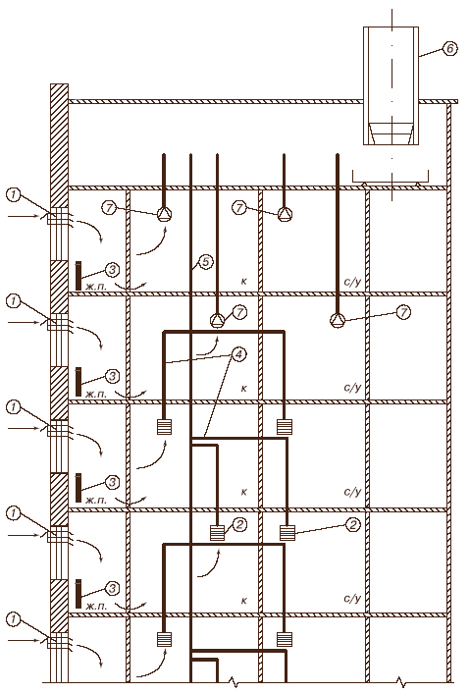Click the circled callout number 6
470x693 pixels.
click(449, 48)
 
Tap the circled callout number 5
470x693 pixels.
click(205, 262)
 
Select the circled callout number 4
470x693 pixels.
click(239, 354)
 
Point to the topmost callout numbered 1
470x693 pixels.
click(14, 195)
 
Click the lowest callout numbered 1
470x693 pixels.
click(14, 619)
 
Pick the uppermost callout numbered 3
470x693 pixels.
click(112, 269)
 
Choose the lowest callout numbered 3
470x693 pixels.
click(112, 588)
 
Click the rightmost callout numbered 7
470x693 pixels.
click(403, 312)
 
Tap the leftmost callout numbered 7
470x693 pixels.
click(109, 207)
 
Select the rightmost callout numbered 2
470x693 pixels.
click(353, 524)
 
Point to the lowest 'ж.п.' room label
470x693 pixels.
click(96, 607)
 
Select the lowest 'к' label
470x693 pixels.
click(244, 601)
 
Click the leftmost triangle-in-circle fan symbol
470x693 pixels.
click(164, 215)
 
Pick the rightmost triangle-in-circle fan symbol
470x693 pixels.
click(338, 320)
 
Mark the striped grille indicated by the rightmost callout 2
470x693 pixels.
click(287, 533)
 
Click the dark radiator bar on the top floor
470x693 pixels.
click(78, 276)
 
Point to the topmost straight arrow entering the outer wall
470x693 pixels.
click(26, 216)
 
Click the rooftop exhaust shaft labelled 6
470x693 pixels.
click(391, 85)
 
